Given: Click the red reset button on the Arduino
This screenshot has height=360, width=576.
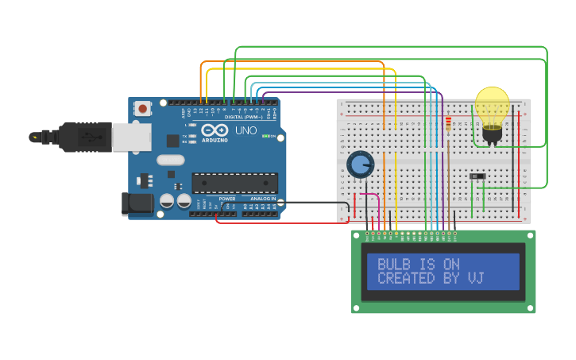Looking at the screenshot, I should pyautogui.click(x=142, y=108).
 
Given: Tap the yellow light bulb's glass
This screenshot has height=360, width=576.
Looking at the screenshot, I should pyautogui.click(x=492, y=105).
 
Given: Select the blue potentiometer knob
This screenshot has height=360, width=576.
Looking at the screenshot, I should pyautogui.click(x=360, y=165).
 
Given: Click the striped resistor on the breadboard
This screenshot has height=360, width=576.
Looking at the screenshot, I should pyautogui.click(x=448, y=124).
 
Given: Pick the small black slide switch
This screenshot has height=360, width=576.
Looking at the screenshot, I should pyautogui.click(x=477, y=176).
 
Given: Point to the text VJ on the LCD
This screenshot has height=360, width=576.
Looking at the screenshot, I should pyautogui.click(x=476, y=278).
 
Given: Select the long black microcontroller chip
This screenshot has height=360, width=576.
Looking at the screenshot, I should pyautogui.click(x=235, y=183).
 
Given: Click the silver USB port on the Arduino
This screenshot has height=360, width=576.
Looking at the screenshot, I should pyautogui.click(x=130, y=137).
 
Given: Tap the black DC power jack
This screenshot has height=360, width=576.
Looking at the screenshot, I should pyautogui.click(x=137, y=203).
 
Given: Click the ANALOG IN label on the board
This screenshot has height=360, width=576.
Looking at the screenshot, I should pyautogui.click(x=263, y=199).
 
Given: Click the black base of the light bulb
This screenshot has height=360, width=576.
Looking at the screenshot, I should pyautogui.click(x=492, y=136).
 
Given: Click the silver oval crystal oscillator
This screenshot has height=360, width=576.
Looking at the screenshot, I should pyautogui.click(x=171, y=160).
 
